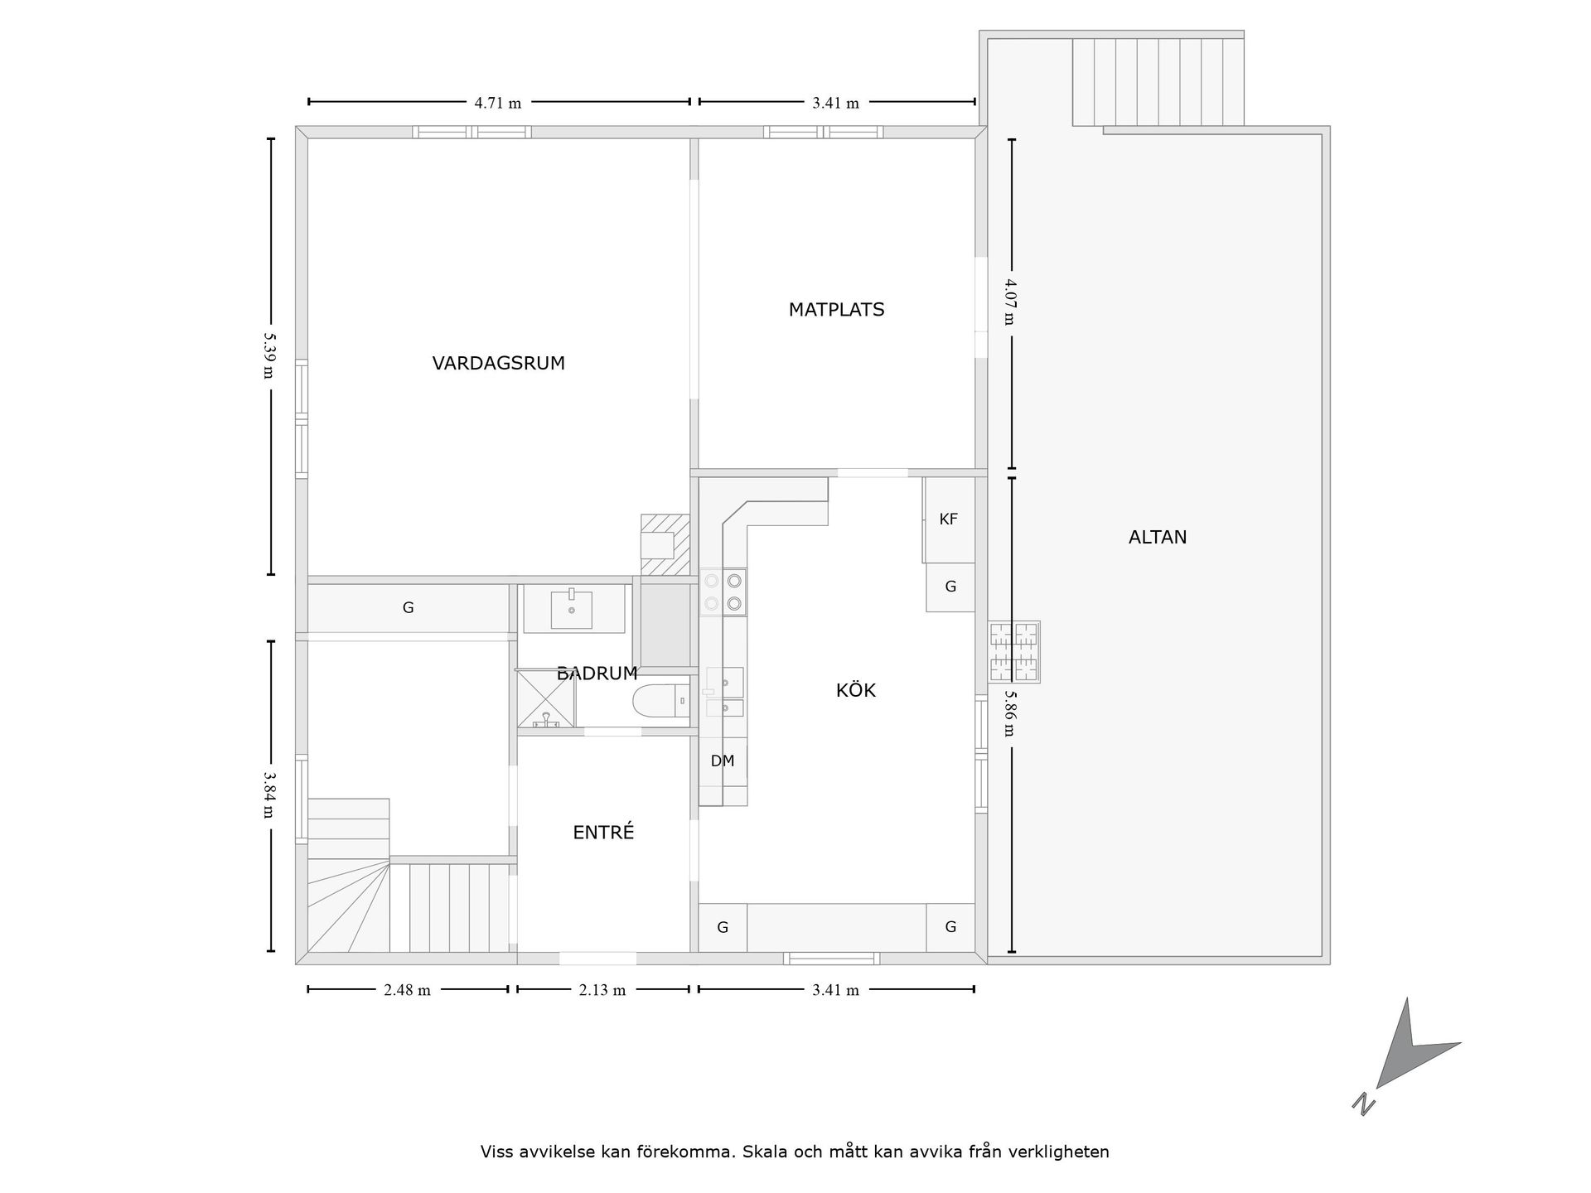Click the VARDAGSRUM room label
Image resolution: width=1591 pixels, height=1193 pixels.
(x=498, y=363)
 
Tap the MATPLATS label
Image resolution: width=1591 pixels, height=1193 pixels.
(x=836, y=310)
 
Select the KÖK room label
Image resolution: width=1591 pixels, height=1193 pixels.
(x=855, y=690)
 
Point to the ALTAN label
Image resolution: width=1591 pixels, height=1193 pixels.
(x=1158, y=537)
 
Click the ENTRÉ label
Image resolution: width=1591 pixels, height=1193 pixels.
(x=603, y=833)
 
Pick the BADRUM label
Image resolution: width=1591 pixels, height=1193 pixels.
(x=597, y=674)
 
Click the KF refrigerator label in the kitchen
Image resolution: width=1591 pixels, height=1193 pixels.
(x=949, y=519)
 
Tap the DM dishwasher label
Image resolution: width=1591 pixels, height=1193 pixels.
(x=723, y=761)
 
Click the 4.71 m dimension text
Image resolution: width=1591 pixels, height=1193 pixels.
(x=498, y=104)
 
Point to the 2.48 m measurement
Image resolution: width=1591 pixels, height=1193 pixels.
(x=407, y=990)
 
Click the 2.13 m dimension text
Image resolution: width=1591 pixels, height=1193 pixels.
(x=602, y=990)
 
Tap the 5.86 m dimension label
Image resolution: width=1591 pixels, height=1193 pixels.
(x=1009, y=713)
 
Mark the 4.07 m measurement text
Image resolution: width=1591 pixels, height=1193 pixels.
(x=1009, y=302)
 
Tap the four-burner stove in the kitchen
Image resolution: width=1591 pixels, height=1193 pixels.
(x=723, y=592)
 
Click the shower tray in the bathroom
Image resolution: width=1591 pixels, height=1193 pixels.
(x=545, y=699)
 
